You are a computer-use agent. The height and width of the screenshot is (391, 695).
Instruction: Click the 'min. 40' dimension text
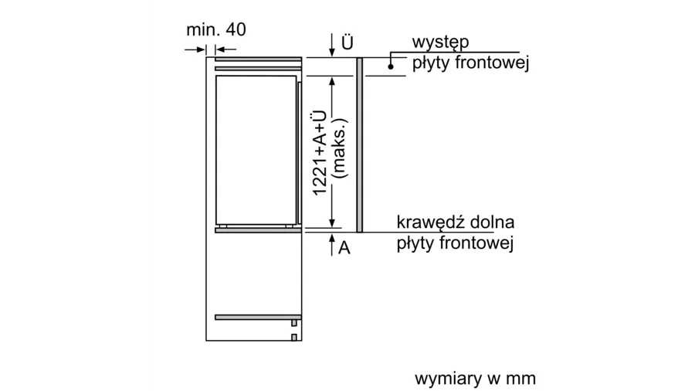[216, 29]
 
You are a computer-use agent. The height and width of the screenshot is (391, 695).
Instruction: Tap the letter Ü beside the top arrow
[347, 42]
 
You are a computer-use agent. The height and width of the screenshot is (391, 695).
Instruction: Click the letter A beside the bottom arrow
[344, 248]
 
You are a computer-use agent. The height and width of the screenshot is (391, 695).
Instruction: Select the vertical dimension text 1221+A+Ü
[320, 152]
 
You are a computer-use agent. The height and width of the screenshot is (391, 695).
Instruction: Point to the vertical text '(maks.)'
[341, 148]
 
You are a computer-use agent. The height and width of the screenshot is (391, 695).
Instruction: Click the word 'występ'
[440, 42]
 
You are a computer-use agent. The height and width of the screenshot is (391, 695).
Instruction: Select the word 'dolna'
[492, 222]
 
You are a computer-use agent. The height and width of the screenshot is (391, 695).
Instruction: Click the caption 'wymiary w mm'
[475, 379]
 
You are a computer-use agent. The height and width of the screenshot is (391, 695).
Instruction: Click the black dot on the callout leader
[391, 66]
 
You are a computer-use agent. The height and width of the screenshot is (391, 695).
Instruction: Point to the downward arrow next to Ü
[332, 46]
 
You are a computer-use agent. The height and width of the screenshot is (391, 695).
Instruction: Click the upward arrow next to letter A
[332, 245]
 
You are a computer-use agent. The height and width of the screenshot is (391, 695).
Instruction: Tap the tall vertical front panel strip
[359, 145]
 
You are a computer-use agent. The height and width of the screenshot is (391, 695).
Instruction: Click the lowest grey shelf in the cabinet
[258, 318]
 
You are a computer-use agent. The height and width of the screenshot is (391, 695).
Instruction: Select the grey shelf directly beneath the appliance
[258, 230]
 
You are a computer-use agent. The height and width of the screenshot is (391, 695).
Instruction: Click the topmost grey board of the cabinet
[258, 59]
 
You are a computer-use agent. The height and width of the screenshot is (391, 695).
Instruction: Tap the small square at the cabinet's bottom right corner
[294, 338]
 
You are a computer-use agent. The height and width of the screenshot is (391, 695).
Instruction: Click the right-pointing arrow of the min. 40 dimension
[195, 49]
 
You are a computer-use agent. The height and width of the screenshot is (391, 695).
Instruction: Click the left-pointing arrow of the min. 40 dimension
[225, 49]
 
